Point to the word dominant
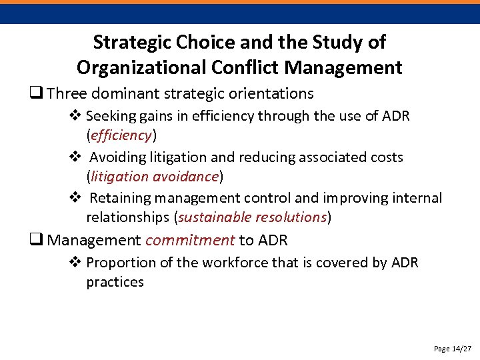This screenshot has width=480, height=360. coord(131,93)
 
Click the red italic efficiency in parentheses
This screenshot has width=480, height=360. coord(121,135)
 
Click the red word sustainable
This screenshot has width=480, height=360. coord(212,217)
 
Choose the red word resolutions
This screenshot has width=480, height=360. coord(288,217)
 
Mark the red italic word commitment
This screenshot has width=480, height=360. coord(190,240)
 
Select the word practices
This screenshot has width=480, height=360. coord(115,282)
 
